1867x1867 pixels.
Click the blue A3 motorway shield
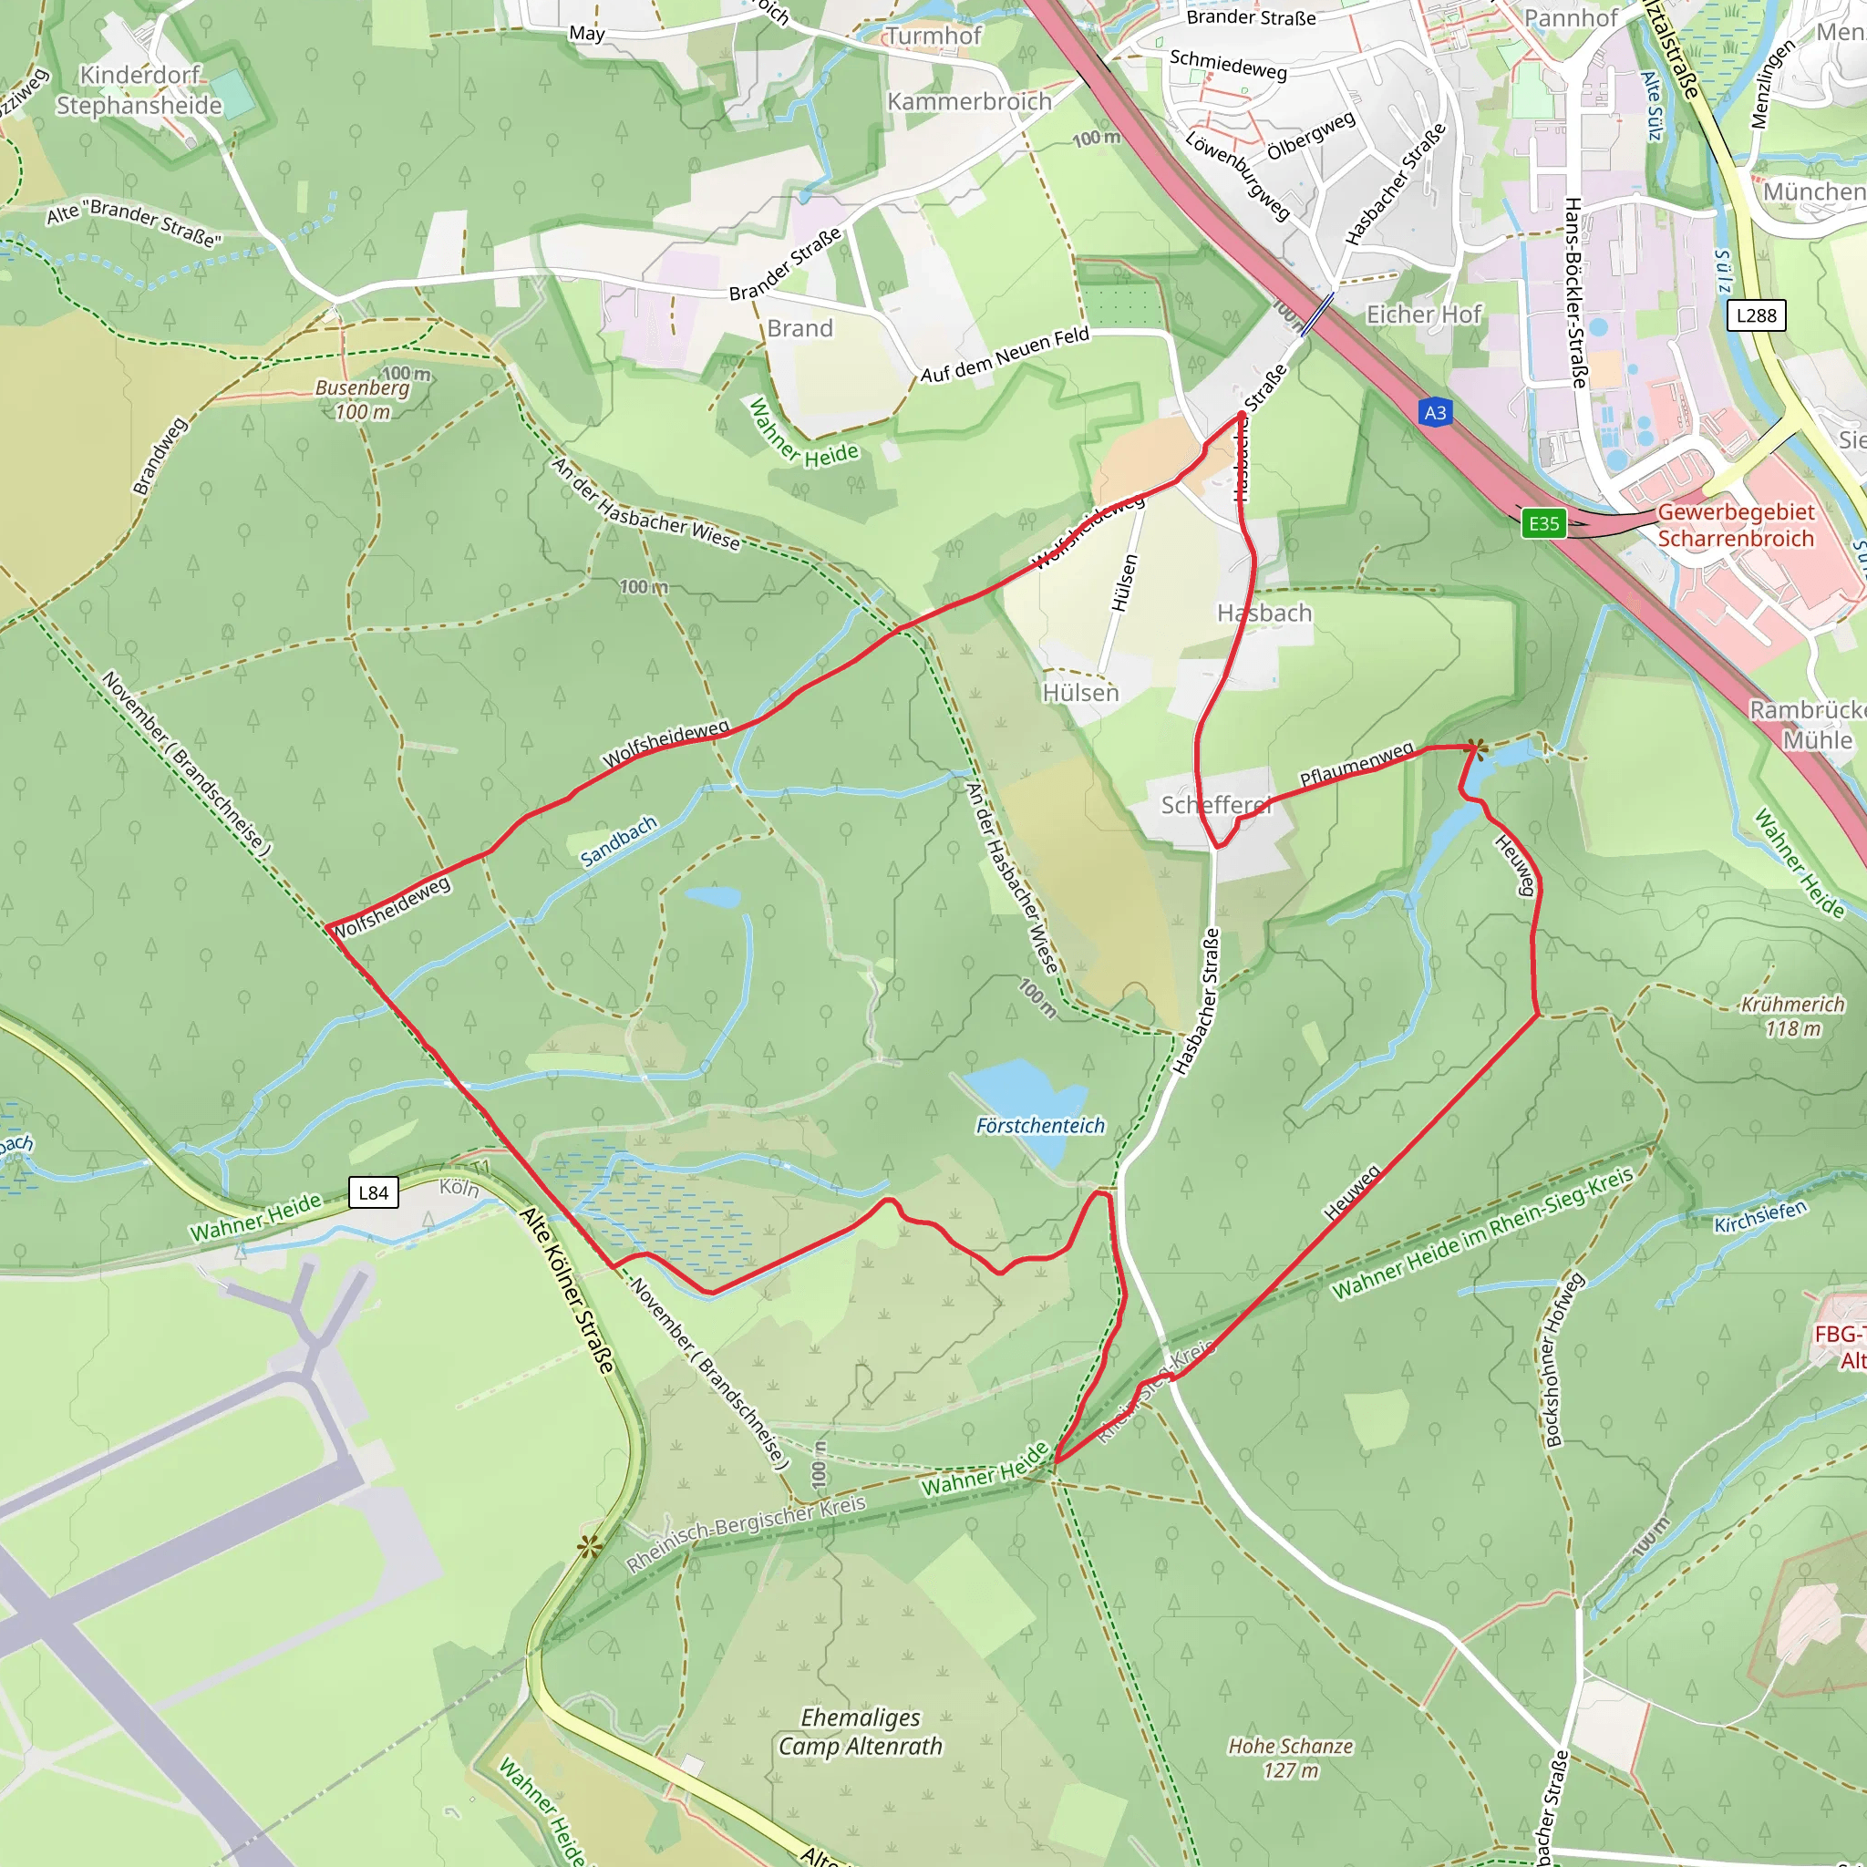(1435, 413)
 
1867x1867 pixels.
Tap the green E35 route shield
(1543, 524)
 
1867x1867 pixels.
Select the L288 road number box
(1756, 315)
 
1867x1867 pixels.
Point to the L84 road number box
(373, 1192)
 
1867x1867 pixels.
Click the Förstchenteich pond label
(1040, 1125)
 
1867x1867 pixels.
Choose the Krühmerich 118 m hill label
(1792, 1016)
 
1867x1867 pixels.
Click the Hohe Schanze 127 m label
(1290, 1758)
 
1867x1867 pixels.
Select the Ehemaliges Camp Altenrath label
(860, 1732)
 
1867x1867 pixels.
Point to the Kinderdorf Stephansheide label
(139, 90)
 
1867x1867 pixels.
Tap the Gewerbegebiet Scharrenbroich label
(1736, 525)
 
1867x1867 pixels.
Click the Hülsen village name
(1080, 693)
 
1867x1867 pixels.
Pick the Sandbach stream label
(618, 840)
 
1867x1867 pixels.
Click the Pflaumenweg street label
(1356, 763)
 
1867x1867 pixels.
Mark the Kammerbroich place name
(969, 101)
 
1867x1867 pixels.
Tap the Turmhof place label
(933, 36)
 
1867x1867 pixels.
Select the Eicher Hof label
(1422, 315)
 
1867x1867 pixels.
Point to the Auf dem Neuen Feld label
(1005, 354)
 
